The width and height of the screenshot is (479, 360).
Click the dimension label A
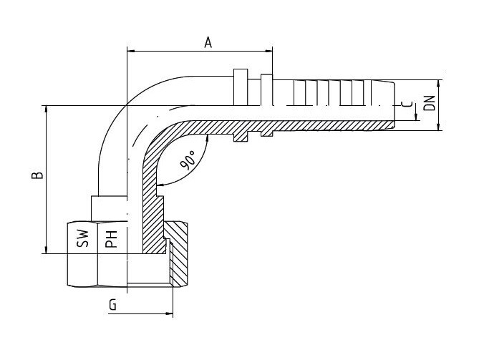coord(208,43)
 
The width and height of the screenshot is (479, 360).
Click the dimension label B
coord(37,175)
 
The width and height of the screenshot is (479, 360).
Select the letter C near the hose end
coord(407,104)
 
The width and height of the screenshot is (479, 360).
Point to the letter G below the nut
coord(112,305)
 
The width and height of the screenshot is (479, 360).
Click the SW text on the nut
coord(82,238)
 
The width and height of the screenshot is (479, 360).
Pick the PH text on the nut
coord(111,239)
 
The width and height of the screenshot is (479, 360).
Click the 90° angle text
coord(188,161)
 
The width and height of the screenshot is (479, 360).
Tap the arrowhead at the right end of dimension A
coord(268,51)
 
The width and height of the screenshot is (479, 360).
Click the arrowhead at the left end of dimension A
coord(131,51)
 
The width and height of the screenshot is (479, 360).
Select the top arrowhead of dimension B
coord(47,110)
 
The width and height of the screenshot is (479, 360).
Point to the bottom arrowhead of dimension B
coord(47,250)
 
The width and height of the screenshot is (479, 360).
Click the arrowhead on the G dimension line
coord(169,313)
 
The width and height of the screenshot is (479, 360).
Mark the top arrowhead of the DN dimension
coord(439,84)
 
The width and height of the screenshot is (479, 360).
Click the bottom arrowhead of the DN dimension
coord(439,127)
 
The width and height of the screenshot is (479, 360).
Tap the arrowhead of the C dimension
coord(416,117)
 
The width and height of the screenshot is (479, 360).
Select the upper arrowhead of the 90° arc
coord(208,138)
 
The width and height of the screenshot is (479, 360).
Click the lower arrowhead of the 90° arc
coord(160,185)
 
